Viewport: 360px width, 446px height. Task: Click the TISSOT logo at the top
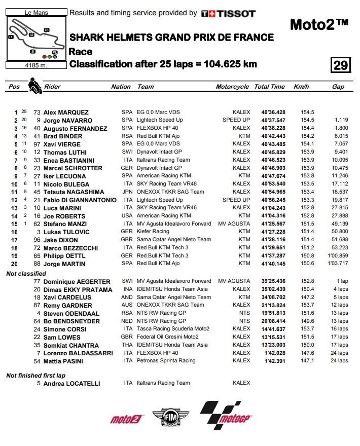228,14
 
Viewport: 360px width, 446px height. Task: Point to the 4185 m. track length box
36,64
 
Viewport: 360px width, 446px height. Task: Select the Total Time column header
269,87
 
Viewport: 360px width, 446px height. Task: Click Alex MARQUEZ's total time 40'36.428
273,113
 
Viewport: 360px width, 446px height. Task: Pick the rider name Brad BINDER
63,136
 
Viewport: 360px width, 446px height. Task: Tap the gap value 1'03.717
337,264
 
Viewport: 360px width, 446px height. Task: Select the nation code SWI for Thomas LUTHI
127,152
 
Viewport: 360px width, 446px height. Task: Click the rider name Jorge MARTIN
64,264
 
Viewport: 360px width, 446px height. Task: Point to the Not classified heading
26,274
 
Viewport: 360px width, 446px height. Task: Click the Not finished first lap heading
35,376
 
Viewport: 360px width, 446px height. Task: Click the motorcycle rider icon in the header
34,85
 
